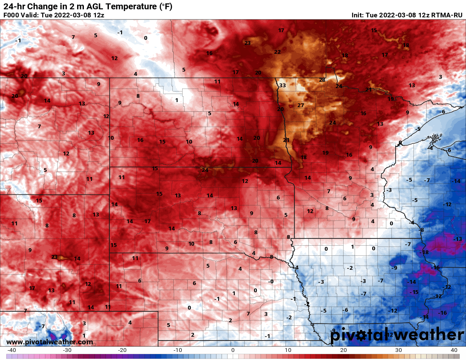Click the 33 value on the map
click(283, 86)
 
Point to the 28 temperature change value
click(322, 80)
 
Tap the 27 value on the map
click(301, 105)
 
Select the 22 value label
click(277, 52)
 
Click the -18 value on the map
click(424, 252)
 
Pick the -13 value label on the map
click(458, 239)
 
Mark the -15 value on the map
click(414, 292)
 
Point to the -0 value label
click(271, 282)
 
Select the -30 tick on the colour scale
click(67, 350)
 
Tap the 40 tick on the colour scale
click(454, 350)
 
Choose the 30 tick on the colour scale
click(399, 350)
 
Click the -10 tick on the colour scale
click(178, 350)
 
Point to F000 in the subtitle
click(11, 15)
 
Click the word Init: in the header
click(359, 15)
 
